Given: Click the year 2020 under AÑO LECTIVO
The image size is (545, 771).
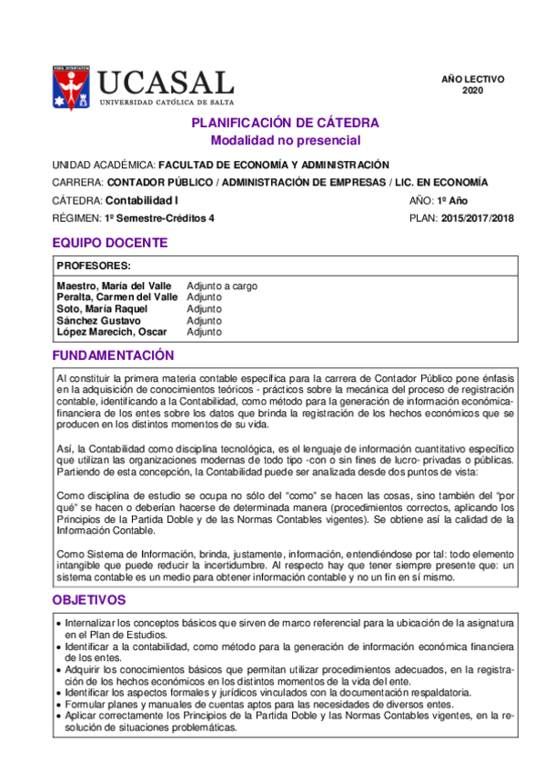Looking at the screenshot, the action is tap(473, 91).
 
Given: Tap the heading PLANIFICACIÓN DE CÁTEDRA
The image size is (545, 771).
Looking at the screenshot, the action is tap(286, 123).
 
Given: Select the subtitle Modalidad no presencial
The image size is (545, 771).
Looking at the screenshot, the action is tap(286, 140).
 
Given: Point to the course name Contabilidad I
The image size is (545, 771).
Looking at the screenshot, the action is tap(142, 200).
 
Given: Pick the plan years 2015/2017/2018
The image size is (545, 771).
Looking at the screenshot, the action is tap(478, 218).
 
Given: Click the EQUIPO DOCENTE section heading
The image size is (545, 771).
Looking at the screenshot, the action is tap(109, 243).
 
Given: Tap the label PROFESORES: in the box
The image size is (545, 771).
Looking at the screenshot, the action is tap(94, 265).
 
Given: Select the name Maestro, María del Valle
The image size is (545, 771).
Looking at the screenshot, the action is tap(114, 285).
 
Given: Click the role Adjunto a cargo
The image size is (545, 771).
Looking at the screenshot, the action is tap(222, 285).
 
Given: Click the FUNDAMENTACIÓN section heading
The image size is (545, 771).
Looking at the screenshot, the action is tap(113, 355).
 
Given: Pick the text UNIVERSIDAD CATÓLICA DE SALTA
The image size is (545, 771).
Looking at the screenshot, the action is tap(166, 104).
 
